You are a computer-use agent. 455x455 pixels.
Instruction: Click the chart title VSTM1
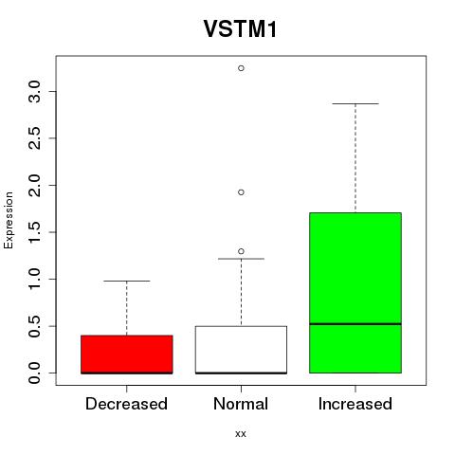click(x=240, y=29)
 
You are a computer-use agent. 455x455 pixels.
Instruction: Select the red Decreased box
click(x=127, y=355)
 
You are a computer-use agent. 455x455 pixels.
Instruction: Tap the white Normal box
click(x=241, y=350)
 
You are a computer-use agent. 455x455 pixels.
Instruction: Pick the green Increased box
click(x=355, y=293)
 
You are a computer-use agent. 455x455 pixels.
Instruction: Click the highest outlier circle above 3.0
click(x=241, y=68)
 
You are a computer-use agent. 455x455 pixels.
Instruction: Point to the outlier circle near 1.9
click(x=241, y=192)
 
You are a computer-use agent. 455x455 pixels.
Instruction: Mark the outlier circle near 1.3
click(x=241, y=251)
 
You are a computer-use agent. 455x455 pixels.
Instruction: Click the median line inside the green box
click(x=355, y=324)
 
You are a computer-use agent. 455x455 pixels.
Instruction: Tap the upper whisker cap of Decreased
click(x=127, y=281)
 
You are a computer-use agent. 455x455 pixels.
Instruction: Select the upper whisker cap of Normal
click(x=241, y=259)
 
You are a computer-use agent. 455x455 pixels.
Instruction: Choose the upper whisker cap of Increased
click(x=355, y=103)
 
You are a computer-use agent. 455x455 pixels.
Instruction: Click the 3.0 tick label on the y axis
click(x=34, y=92)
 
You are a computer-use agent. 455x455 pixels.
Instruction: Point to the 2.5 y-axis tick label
click(x=34, y=138)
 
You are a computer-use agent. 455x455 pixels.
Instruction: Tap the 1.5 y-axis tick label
click(x=34, y=232)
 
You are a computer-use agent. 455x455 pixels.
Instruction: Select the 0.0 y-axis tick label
click(x=34, y=373)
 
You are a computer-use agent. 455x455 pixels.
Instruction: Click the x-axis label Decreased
click(x=126, y=404)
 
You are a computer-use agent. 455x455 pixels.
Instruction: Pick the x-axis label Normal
click(x=241, y=404)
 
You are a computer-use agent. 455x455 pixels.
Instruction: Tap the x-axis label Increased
click(x=355, y=404)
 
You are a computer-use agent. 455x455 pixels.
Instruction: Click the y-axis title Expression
click(x=9, y=220)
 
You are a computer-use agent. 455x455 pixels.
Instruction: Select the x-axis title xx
click(x=241, y=434)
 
